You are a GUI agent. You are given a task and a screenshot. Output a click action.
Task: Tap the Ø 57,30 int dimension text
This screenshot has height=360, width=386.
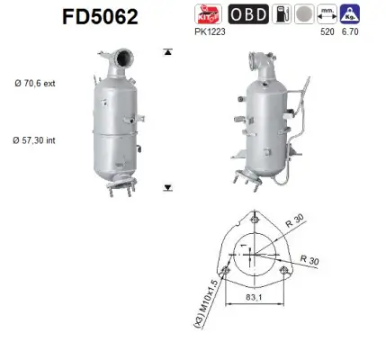pyautogui.click(x=37, y=139)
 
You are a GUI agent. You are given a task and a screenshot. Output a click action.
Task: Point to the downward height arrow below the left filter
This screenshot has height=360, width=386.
pyautogui.click(x=167, y=187)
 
